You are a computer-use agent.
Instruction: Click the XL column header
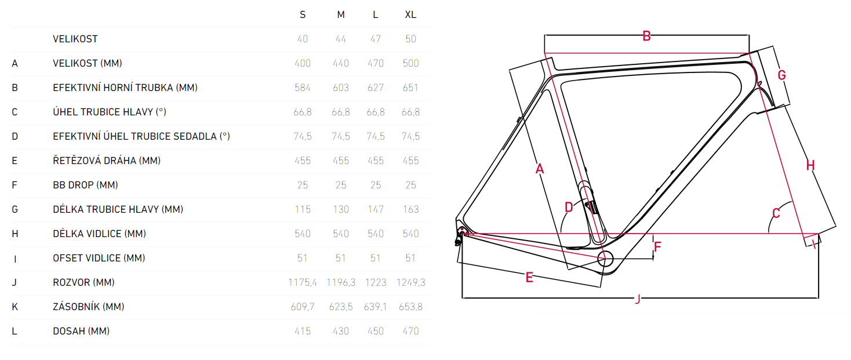coord(410,15)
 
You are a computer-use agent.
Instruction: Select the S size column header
coord(303,15)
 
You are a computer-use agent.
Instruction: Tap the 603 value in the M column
coord(341,88)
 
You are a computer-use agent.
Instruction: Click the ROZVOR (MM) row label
coord(83,282)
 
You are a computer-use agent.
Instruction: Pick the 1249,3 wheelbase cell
coord(410,282)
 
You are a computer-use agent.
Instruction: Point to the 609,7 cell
coord(303,307)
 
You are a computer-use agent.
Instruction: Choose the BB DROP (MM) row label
coord(85,185)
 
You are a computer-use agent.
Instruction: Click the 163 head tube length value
coord(410,209)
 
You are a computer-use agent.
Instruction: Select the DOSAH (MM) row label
coord(81,331)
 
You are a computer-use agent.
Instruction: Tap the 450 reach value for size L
coord(375,331)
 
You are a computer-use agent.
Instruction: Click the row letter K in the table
coord(14,307)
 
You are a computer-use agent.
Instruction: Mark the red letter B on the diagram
coord(646,36)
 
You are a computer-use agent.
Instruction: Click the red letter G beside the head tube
coord(781,75)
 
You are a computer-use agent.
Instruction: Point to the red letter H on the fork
coord(810,166)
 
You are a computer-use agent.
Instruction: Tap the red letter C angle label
coord(776,213)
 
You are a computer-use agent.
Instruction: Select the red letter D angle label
coord(569,208)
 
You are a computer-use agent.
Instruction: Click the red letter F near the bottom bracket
coord(657,247)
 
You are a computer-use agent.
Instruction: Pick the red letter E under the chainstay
coord(529,278)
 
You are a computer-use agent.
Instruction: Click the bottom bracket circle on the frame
coord(606,259)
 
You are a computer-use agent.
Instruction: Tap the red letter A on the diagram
coord(540,169)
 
